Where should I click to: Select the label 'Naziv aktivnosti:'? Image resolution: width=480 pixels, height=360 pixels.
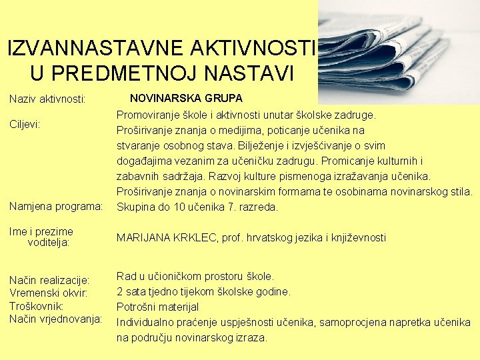47,99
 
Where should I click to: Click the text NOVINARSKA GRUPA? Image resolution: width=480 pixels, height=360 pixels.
186,98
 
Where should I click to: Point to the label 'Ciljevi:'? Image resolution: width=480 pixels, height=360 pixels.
25,124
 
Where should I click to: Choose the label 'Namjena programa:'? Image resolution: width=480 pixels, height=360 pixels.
56,207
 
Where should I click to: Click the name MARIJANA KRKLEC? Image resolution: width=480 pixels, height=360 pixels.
167,237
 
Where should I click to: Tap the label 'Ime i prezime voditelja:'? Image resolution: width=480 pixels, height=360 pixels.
41,237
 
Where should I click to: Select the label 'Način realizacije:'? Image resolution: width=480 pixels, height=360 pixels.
49,280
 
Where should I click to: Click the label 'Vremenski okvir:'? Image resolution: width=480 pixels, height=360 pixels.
49,293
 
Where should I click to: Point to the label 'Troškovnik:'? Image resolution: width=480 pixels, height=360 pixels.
37,306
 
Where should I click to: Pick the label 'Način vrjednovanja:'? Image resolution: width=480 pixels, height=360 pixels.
56,319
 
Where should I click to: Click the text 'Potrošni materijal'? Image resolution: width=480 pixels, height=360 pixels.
157,307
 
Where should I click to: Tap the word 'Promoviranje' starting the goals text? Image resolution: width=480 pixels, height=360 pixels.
148,115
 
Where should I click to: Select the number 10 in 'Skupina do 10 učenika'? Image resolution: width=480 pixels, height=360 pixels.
182,207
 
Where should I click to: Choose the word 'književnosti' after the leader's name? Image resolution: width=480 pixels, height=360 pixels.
358,237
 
